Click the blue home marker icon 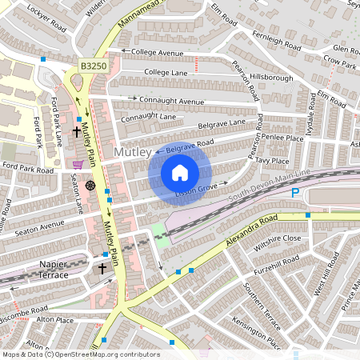click(x=180, y=172)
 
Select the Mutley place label click(x=131, y=152)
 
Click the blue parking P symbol click(x=295, y=194)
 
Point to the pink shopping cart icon click(x=78, y=165)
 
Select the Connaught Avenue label click(x=172, y=102)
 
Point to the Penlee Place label click(x=283, y=138)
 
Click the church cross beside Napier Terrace click(x=102, y=270)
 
